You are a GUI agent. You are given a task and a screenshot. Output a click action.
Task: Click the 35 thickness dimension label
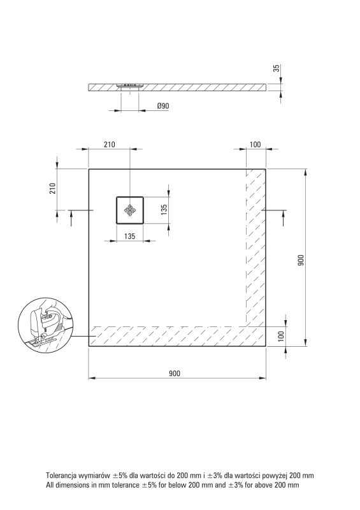[x=277, y=68]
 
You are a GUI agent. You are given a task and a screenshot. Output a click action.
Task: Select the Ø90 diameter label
[x=163, y=106]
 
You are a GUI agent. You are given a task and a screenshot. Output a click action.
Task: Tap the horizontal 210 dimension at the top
[x=109, y=145]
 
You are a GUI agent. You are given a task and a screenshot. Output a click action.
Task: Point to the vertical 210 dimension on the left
[x=53, y=188]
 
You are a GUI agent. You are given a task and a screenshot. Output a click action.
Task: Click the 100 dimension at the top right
[x=256, y=145]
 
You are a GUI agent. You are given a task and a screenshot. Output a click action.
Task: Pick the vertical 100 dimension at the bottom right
[x=282, y=335]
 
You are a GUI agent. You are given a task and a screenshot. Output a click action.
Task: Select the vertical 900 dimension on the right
[x=301, y=260]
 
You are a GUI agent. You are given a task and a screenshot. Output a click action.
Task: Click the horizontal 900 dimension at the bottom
[x=175, y=374]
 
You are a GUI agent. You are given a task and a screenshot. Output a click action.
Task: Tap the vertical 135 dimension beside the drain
[x=164, y=210]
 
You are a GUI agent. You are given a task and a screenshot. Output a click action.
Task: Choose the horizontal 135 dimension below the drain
[x=129, y=236]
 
